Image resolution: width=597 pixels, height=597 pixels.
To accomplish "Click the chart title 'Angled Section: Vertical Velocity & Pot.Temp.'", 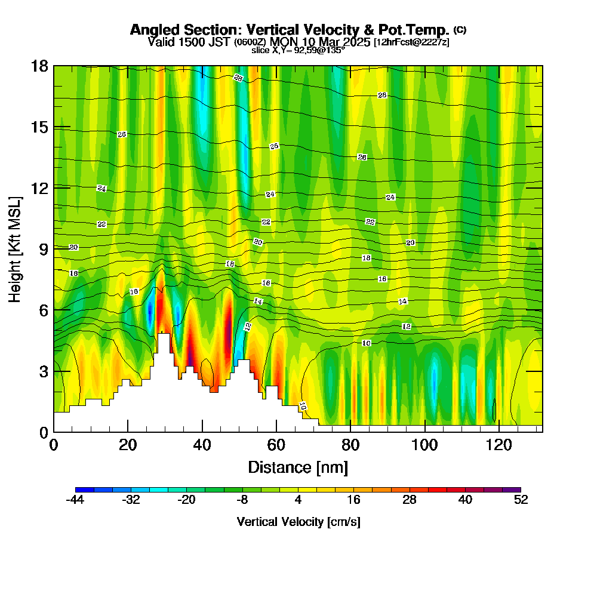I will (x=290, y=30).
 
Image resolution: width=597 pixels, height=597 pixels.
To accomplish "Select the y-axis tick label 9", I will (x=43, y=249).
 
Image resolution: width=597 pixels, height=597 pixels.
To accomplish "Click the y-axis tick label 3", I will (x=43, y=371).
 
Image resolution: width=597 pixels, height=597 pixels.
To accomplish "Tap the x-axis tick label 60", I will (x=276, y=445).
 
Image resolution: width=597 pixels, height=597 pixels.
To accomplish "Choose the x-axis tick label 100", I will (x=424, y=445).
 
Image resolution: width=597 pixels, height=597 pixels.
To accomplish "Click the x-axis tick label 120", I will (x=498, y=445).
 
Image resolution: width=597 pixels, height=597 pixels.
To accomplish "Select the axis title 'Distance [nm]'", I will (x=298, y=467).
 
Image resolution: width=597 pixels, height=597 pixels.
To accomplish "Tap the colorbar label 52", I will (x=521, y=500).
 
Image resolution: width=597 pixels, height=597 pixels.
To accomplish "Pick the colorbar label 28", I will (x=409, y=500).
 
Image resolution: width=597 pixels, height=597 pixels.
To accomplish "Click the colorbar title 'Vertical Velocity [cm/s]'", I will (x=298, y=522).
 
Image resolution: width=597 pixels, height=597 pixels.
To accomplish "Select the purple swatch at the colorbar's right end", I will (x=515, y=490).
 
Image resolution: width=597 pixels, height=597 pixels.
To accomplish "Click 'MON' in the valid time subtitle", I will (x=282, y=42).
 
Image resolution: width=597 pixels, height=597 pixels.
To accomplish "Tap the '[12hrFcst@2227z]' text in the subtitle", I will (x=411, y=42).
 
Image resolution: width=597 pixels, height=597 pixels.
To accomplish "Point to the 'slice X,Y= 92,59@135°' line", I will (x=298, y=50).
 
